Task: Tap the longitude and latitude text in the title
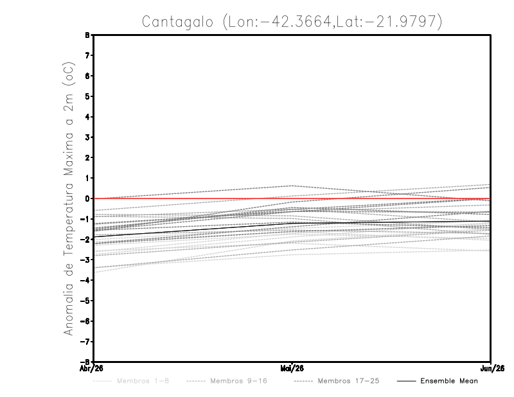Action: pyautogui.click(x=331, y=22)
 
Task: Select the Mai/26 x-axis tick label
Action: pyautogui.click(x=292, y=367)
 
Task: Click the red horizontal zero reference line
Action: pyautogui.click(x=193, y=198)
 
